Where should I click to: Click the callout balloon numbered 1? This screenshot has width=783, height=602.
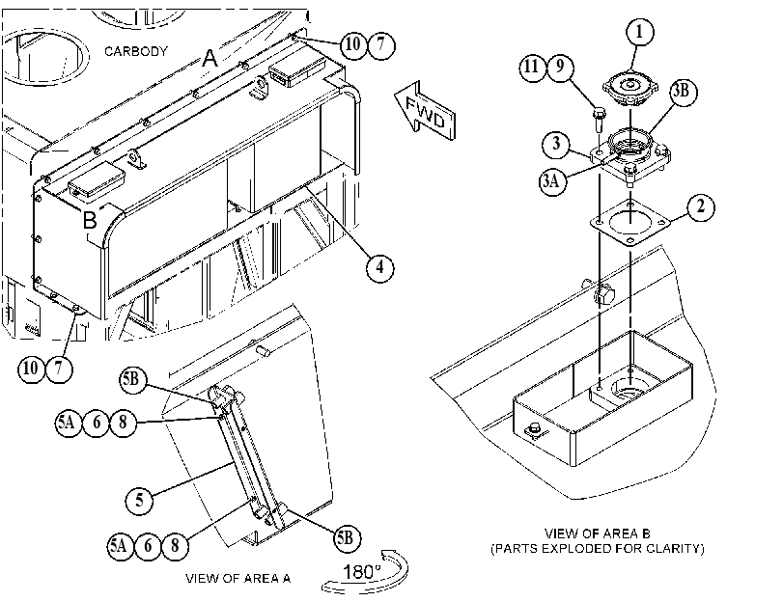point(639,33)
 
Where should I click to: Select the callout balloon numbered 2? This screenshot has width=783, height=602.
point(701,206)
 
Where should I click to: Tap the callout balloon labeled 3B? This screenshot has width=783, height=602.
point(683,91)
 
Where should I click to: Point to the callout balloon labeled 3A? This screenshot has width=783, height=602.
point(553,180)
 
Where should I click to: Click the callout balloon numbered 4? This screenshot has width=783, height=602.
point(379,267)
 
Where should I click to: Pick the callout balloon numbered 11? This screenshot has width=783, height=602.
point(532,67)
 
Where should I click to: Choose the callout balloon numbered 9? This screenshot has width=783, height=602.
point(560,67)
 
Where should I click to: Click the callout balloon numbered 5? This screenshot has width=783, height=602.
point(139,500)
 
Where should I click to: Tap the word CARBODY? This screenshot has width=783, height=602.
point(136,51)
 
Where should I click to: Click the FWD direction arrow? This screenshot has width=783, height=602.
point(425,111)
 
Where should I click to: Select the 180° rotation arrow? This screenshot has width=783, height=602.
point(365,572)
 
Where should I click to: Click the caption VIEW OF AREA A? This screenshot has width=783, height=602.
point(238,579)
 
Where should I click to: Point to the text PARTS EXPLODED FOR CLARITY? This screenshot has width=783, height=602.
point(598,549)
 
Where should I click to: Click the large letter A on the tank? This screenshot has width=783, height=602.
point(210,59)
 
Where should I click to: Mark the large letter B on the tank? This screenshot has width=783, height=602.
point(90,220)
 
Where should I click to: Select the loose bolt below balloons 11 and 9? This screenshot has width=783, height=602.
point(599,119)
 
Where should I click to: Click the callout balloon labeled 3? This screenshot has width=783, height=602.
point(556,145)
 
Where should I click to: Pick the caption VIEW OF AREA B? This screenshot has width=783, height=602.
point(598,534)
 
